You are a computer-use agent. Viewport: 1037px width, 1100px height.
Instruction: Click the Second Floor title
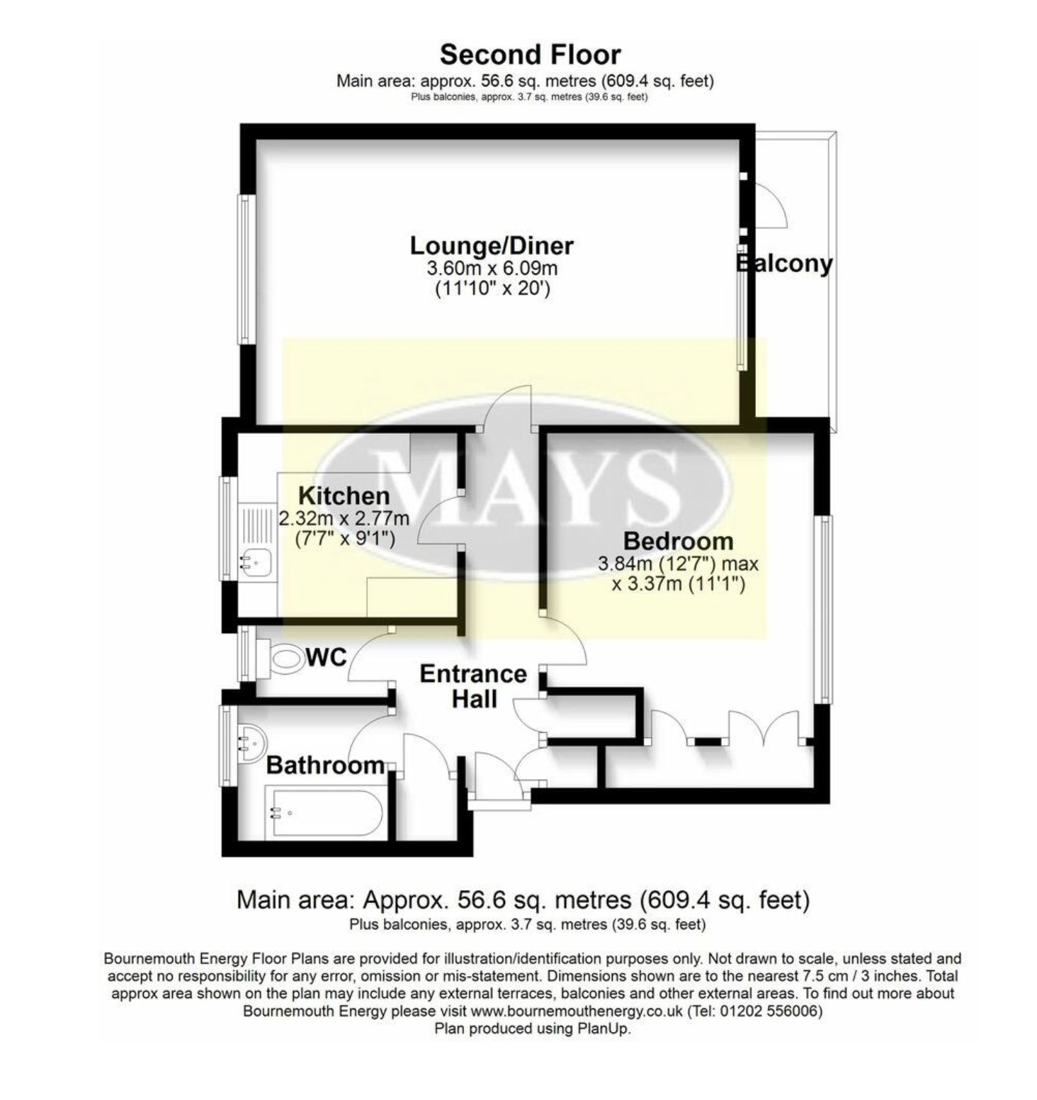tap(530, 55)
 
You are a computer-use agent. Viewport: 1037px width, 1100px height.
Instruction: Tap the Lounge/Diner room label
tap(492, 246)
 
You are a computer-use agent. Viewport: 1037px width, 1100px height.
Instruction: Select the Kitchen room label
tap(344, 495)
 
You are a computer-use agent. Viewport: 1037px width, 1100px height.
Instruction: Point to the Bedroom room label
tap(678, 541)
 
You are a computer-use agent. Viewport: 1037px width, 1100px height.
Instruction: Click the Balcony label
tap(784, 264)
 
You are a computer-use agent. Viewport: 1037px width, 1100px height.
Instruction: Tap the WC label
tap(327, 658)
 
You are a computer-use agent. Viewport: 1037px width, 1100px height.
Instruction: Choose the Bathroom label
tap(325, 765)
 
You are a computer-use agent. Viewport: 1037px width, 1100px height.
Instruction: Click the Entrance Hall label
tap(473, 686)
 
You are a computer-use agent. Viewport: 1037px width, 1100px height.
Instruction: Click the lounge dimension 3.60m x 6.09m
tap(492, 269)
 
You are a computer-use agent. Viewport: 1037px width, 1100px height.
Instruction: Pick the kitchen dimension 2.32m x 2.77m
tap(344, 518)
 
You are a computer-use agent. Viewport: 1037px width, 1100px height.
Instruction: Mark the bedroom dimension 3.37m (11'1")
tap(679, 584)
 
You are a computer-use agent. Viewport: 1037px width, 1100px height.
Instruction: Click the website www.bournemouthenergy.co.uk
tap(577, 1011)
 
